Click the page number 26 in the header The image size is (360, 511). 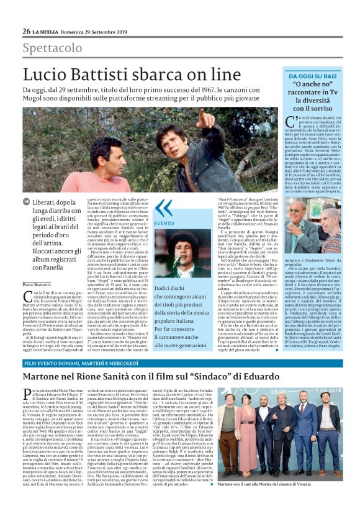point(27,31)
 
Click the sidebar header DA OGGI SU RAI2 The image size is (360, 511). point(308,75)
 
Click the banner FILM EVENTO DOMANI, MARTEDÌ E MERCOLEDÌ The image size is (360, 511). point(80,362)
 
